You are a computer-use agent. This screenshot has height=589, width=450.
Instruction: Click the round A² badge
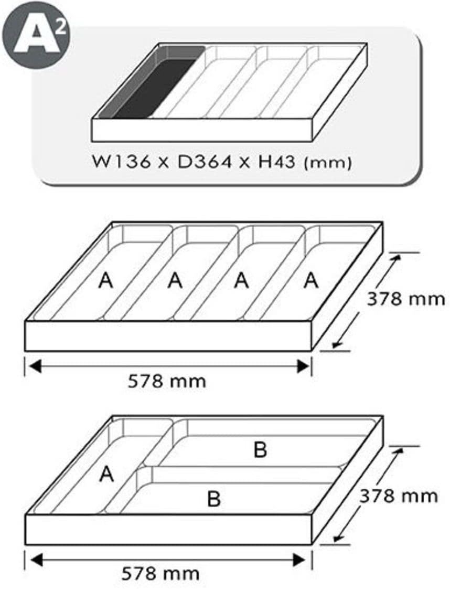pyautogui.click(x=36, y=36)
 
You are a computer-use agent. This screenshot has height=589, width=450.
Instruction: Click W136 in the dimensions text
pyautogui.click(x=122, y=162)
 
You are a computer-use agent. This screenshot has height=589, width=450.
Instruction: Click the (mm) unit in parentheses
pyautogui.click(x=327, y=163)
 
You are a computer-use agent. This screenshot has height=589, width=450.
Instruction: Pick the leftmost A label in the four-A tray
pyautogui.click(x=105, y=281)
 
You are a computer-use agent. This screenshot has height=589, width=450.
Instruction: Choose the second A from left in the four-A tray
pyautogui.click(x=175, y=281)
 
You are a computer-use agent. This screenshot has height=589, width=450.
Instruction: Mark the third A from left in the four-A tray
pyautogui.click(x=241, y=281)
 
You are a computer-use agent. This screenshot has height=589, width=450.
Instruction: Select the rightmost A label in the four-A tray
pyautogui.click(x=311, y=281)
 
